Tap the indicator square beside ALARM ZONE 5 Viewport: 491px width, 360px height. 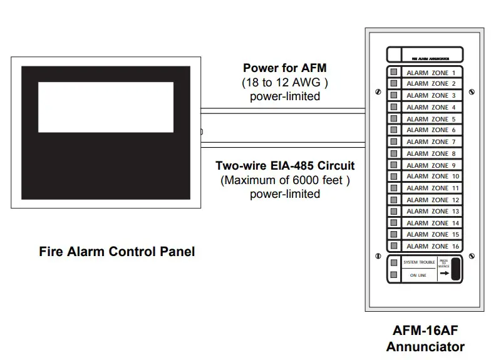click(x=394, y=119)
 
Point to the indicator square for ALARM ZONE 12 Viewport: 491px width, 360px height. click(x=394, y=200)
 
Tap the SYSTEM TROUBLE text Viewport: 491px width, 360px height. click(x=418, y=263)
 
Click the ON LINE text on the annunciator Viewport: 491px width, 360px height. click(x=418, y=275)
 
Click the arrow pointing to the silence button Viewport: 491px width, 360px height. click(x=444, y=273)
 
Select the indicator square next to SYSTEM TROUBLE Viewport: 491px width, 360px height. click(x=394, y=263)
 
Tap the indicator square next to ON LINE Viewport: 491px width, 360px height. click(x=394, y=275)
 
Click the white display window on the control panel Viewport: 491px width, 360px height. click(x=105, y=107)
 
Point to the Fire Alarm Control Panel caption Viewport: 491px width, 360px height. click(x=117, y=252)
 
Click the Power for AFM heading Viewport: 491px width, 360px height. click(x=285, y=68)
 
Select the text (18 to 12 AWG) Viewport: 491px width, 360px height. click(x=285, y=82)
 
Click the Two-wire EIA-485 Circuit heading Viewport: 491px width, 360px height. click(x=285, y=166)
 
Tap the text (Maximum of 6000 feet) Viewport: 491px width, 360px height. click(x=285, y=180)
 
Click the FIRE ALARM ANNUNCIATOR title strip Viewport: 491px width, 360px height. click(x=425, y=54)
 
